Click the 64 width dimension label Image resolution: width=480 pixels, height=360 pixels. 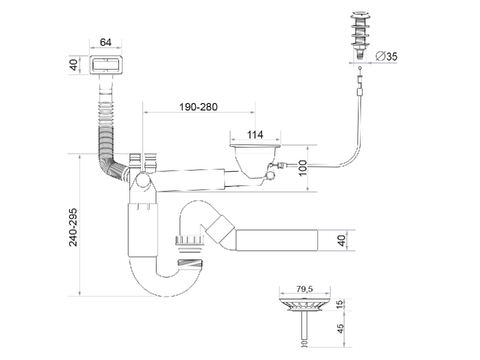[105, 42]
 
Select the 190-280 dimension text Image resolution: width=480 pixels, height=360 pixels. [198, 107]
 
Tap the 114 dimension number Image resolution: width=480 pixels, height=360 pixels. [255, 135]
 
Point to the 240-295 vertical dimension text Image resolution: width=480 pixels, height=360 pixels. [73, 227]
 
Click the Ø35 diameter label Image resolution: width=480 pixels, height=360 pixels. [386, 56]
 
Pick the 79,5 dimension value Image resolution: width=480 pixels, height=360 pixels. [304, 289]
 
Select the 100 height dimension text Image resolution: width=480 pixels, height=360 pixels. [303, 168]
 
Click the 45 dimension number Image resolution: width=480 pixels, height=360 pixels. [340, 329]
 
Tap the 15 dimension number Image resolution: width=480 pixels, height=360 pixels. [340, 304]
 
